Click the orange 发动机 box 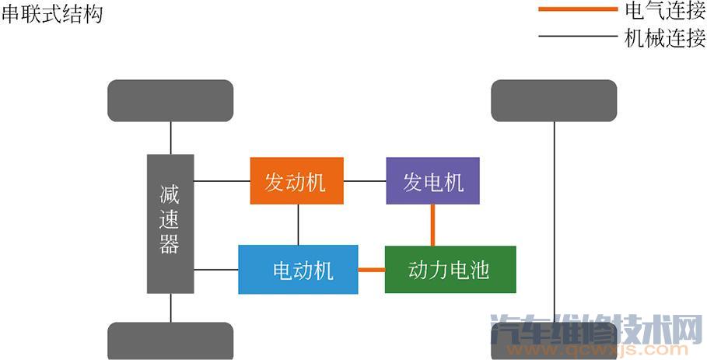pyautogui.click(x=296, y=180)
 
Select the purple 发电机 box pyautogui.click(x=433, y=180)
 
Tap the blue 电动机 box pyautogui.click(x=298, y=270)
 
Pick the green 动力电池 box pyautogui.click(x=450, y=270)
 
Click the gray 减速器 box pyautogui.click(x=170, y=224)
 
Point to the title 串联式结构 pyautogui.click(x=52, y=13)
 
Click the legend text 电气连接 pyautogui.click(x=665, y=11)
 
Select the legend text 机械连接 pyautogui.click(x=665, y=38)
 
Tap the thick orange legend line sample pyautogui.click(x=578, y=9)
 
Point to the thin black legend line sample pyautogui.click(x=578, y=36)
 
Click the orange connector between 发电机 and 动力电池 pyautogui.click(x=433, y=225)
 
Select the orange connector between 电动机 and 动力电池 pyautogui.click(x=372, y=270)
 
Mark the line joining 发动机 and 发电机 pyautogui.click(x=365, y=181)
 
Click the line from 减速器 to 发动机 pyautogui.click(x=222, y=181)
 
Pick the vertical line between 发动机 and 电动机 pyautogui.click(x=298, y=225)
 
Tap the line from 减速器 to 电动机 pyautogui.click(x=216, y=270)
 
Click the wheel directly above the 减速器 pyautogui.click(x=170, y=100)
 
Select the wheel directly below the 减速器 pyautogui.click(x=170, y=341)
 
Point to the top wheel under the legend pyautogui.click(x=554, y=100)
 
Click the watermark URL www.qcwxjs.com pyautogui.click(x=597, y=350)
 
